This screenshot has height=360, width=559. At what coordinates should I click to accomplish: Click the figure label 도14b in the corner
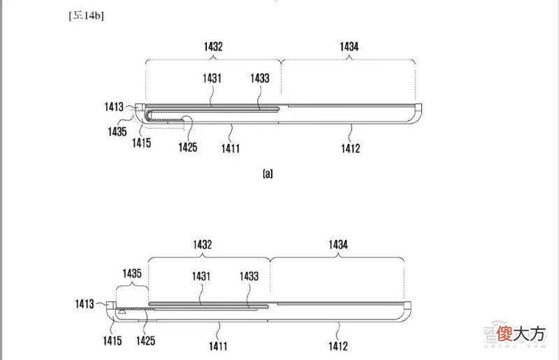click(x=86, y=15)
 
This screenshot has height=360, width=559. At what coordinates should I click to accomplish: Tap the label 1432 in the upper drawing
click(x=213, y=46)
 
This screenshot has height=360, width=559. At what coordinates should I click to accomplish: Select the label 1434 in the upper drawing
click(x=349, y=46)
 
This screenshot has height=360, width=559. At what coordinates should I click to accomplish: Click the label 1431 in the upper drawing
click(x=212, y=78)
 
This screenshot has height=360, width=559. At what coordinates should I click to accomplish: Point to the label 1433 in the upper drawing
click(x=260, y=78)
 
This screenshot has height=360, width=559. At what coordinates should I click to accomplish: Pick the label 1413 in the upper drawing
click(x=114, y=107)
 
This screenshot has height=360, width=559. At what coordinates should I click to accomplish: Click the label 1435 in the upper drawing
click(x=117, y=131)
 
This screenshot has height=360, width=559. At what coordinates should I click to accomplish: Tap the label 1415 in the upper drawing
click(x=142, y=143)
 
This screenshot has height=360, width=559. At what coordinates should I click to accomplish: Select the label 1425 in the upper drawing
click(x=188, y=147)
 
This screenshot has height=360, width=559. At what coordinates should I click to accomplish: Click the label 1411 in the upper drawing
click(x=231, y=148)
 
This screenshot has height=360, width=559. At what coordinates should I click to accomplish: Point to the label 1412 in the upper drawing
click(x=351, y=148)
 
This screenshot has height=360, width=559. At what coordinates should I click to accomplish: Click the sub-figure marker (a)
click(x=268, y=174)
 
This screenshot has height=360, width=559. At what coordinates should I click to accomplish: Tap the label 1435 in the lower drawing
click(x=132, y=273)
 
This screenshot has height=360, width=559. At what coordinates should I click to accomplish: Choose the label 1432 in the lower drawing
click(x=203, y=245)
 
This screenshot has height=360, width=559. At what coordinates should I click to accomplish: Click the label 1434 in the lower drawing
click(x=338, y=245)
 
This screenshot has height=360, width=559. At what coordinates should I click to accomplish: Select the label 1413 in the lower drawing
click(x=85, y=304)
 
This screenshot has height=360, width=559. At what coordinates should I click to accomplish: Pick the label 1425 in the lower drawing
click(x=146, y=340)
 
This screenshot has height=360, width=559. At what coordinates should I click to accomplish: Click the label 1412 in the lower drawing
click(x=338, y=346)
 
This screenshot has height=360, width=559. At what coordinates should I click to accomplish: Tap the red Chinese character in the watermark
click(x=504, y=333)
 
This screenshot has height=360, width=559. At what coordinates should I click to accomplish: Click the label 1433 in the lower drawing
click(x=249, y=276)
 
